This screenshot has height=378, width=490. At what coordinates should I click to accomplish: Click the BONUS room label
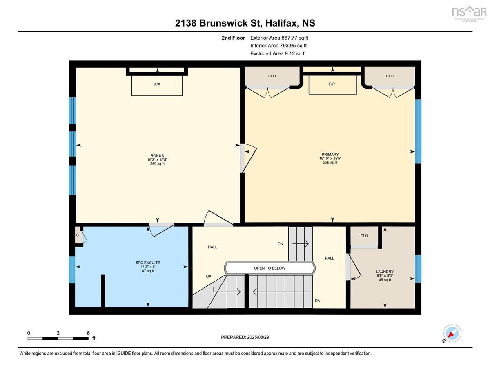click(157, 156)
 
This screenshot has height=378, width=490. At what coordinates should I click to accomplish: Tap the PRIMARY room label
click(330, 155)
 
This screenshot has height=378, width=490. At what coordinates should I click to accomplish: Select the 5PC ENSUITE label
click(148, 263)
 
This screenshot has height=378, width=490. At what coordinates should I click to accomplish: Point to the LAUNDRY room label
click(385, 272)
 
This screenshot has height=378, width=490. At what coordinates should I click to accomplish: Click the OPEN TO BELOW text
click(269, 268)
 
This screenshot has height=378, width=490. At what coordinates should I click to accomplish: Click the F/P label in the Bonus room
click(157, 84)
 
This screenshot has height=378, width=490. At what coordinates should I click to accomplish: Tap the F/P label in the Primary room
click(332, 84)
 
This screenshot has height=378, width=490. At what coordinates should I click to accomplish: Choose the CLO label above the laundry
click(364, 236)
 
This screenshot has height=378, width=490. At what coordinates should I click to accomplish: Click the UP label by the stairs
click(209, 276)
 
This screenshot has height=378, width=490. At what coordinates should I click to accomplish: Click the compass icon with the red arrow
click(452, 333)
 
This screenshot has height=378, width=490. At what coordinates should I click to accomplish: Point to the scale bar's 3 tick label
click(58, 333)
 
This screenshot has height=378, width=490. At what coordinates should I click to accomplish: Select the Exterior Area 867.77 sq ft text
click(279, 38)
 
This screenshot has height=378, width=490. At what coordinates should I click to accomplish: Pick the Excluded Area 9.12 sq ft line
click(278, 53)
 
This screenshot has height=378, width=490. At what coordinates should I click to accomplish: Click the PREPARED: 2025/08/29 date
click(245, 337)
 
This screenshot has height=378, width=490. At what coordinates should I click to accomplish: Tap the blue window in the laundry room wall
click(418, 269)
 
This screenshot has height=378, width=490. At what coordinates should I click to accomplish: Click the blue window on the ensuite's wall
click(72, 270)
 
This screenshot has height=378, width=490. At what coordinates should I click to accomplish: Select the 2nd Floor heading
click(233, 38)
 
